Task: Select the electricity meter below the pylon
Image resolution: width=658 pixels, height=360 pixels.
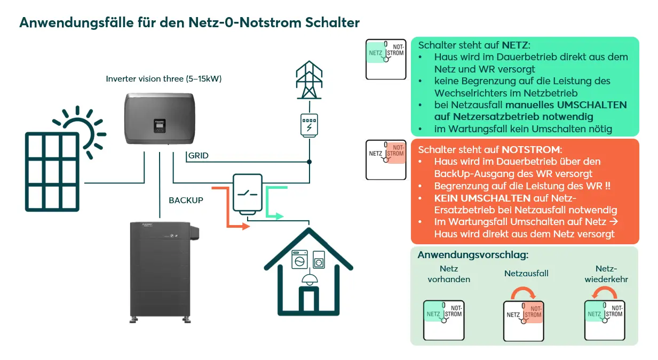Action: coord(309,125)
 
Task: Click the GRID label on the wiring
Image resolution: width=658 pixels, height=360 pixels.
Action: coord(198,156)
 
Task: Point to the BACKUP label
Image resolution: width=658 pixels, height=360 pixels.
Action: coord(186,201)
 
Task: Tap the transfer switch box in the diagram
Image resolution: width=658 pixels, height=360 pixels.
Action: coord(247,194)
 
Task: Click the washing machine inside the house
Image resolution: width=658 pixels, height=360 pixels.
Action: coord(299,261)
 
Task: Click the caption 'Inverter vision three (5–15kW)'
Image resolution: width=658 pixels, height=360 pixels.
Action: coord(164,79)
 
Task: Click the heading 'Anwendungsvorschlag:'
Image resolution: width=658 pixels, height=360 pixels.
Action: coord(473,255)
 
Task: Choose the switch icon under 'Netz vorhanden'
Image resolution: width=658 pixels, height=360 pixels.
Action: coord(443,320)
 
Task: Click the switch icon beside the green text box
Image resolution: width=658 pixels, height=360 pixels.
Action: coord(385,59)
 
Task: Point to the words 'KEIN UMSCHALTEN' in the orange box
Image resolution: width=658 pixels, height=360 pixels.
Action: coord(474,198)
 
